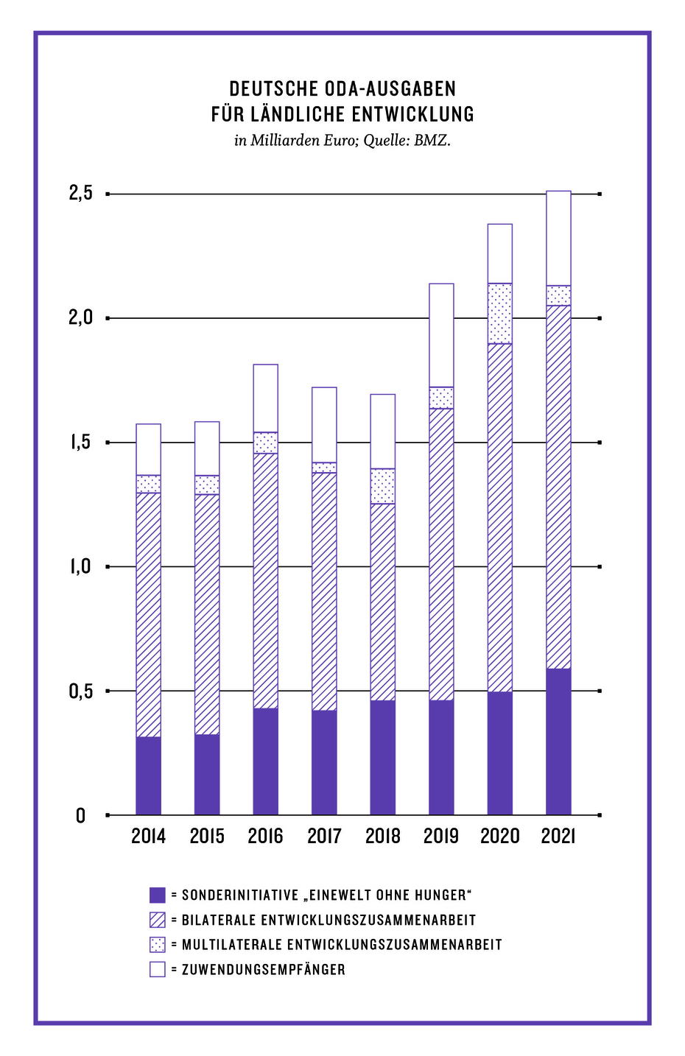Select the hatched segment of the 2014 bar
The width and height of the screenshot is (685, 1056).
(149, 614)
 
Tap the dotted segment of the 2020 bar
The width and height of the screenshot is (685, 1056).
(500, 313)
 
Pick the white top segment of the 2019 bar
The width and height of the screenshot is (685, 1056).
(441, 335)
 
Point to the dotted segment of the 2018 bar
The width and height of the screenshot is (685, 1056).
(382, 486)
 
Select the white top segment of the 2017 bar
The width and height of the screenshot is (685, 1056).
(324, 425)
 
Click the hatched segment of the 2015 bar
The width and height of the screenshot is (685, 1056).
(207, 614)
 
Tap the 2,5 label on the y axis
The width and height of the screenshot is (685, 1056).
(81, 194)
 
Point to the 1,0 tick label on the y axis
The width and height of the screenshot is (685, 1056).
(81, 567)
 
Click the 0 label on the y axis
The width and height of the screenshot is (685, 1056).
(81, 816)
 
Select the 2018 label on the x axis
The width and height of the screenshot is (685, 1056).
(382, 837)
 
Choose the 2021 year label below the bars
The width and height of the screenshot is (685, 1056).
(558, 837)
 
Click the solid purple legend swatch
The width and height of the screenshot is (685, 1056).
(158, 895)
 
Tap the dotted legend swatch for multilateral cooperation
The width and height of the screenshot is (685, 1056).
(158, 945)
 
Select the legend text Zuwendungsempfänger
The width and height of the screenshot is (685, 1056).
(263, 970)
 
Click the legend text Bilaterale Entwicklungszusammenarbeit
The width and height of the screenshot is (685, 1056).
(329, 921)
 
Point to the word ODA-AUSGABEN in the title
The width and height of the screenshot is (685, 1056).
(390, 89)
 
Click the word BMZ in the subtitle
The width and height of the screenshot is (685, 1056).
(432, 140)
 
